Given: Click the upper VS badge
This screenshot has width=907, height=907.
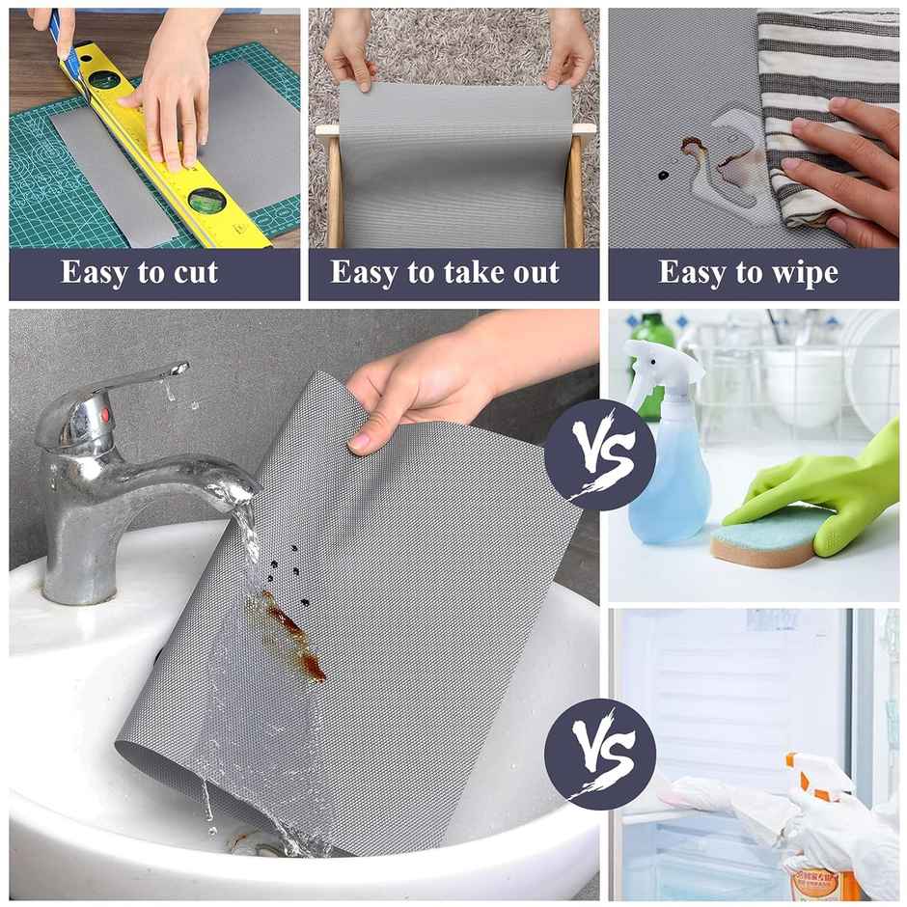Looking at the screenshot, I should point(599,454).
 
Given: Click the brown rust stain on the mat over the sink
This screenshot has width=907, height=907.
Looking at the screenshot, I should point(289,632).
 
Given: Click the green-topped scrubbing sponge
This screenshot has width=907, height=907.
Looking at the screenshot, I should point(762,536).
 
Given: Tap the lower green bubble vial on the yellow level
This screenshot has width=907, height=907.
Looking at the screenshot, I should point(206,200).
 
